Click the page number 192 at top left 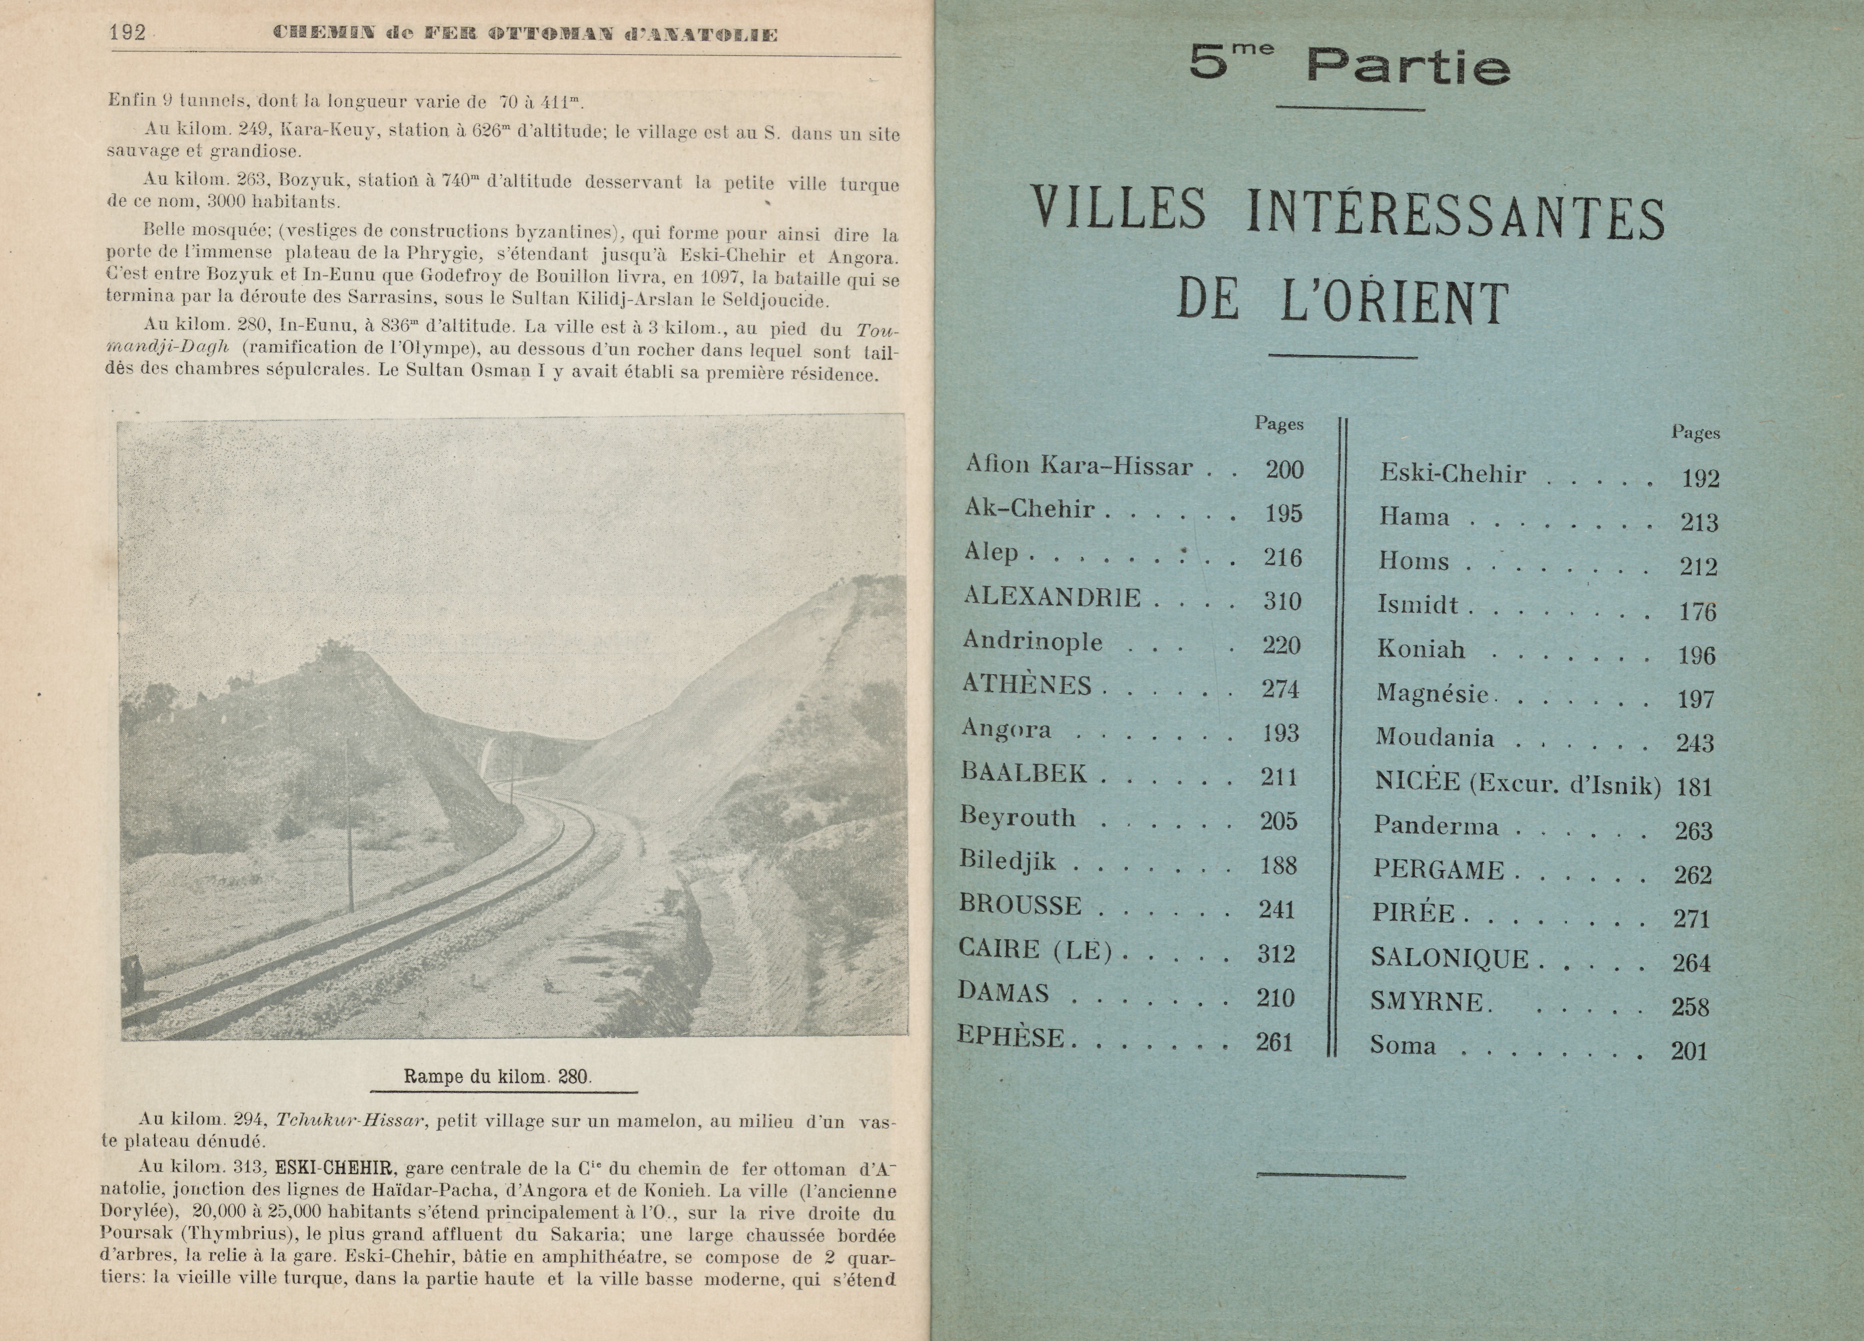pyautogui.click(x=127, y=33)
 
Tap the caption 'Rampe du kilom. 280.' pyautogui.click(x=497, y=1076)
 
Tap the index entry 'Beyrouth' pyautogui.click(x=1018, y=817)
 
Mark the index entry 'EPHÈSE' pyautogui.click(x=1011, y=1038)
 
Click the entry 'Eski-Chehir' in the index pyautogui.click(x=1452, y=474)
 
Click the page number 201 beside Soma pyautogui.click(x=1689, y=1051)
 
